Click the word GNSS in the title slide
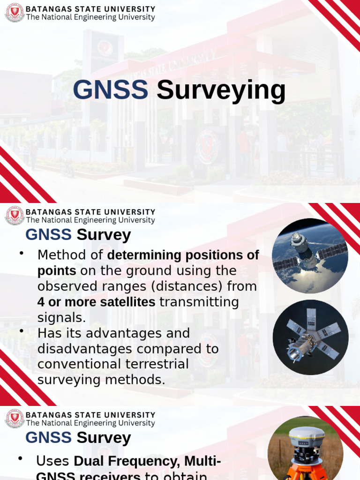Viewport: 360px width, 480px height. pyautogui.click(x=110, y=90)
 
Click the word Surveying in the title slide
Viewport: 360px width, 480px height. pyautogui.click(x=221, y=91)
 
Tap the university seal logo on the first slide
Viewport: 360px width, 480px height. pyautogui.click(x=15, y=13)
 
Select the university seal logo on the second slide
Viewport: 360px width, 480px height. pyautogui.click(x=15, y=216)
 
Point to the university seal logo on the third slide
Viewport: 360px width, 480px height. pyautogui.click(x=15, y=418)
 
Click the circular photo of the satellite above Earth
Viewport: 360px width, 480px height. pyautogui.click(x=310, y=256)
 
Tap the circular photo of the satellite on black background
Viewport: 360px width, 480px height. pyautogui.click(x=310, y=337)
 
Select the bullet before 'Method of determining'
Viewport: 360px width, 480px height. pyautogui.click(x=22, y=253)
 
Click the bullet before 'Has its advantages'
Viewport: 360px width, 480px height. pyautogui.click(x=22, y=331)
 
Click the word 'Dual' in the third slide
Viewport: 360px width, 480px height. pyautogui.click(x=90, y=461)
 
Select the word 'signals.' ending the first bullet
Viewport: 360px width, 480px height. pyautogui.click(x=62, y=318)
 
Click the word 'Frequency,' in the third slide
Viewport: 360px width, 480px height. pyautogui.click(x=144, y=461)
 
